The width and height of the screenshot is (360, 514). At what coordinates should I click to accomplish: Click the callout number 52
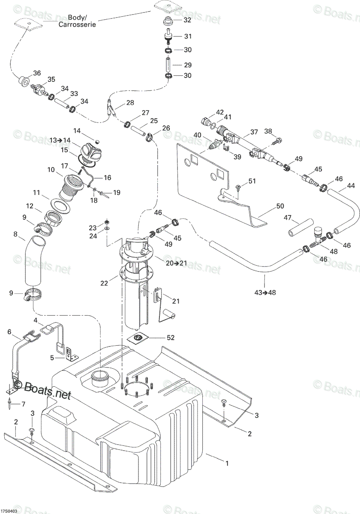(171, 338)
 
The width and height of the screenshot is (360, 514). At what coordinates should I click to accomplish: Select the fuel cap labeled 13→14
(90, 153)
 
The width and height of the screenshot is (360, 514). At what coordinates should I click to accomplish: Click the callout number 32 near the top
(187, 20)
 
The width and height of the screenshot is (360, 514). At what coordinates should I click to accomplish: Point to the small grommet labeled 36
(24, 81)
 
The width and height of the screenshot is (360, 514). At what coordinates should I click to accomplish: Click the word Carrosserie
(77, 24)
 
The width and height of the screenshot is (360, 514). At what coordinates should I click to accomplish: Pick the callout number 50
(280, 206)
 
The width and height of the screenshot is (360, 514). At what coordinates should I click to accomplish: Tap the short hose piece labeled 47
(301, 227)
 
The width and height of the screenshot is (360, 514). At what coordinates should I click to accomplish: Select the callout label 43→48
(265, 293)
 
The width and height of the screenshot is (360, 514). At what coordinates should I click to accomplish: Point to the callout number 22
(104, 284)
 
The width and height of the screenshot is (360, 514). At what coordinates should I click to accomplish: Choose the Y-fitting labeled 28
(110, 108)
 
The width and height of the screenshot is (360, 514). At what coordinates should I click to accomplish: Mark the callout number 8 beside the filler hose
(15, 234)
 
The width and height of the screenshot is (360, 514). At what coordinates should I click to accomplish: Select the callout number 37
(254, 132)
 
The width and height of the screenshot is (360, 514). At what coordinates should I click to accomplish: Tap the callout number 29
(188, 65)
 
